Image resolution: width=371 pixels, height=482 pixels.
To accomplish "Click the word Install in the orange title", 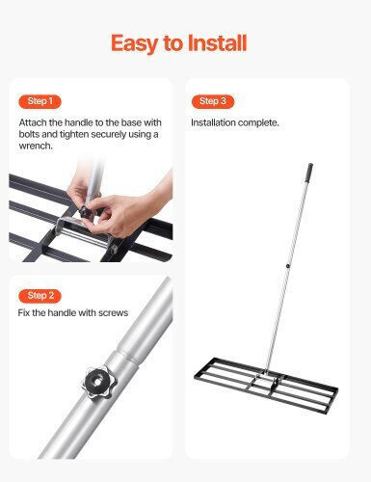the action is point(217,43).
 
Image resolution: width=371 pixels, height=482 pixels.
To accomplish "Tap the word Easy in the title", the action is point(135,44).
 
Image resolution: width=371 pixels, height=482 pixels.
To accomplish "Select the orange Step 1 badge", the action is point(40,101).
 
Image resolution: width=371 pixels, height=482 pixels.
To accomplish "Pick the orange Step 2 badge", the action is point(40,296).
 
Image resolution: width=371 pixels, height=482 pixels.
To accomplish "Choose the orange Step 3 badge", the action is point(213,101).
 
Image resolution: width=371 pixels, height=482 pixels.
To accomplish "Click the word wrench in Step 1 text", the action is point(36,146).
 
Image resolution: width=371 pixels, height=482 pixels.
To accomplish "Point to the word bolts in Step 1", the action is point(29,134).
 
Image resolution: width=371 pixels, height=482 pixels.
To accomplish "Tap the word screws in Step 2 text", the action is point(114,313).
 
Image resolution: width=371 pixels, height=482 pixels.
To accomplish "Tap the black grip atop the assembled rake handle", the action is point(310,172).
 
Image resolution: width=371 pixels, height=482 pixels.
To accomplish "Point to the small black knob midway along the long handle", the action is point(288,266).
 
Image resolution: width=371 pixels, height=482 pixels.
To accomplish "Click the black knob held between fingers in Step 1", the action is point(85,211).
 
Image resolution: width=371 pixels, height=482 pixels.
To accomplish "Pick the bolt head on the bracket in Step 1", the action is point(114,249).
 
